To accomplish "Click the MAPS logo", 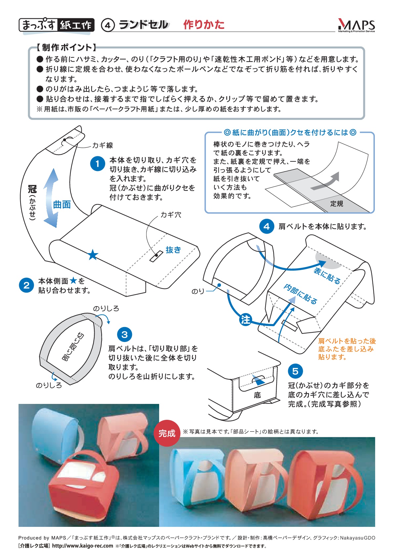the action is pyautogui.click(x=356, y=26).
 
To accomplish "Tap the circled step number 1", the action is pyautogui.click(x=98, y=163).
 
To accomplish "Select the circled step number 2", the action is pyautogui.click(x=26, y=285).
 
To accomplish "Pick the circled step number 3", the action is pyautogui.click(x=124, y=334).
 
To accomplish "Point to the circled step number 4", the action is pyautogui.click(x=267, y=226).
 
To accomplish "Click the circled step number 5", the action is pyautogui.click(x=295, y=371).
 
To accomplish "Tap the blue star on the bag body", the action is pyautogui.click(x=93, y=254).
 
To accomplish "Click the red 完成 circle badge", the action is pyautogui.click(x=167, y=433).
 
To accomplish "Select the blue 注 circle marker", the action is pyautogui.click(x=245, y=319).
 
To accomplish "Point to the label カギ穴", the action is pyautogui.click(x=171, y=215).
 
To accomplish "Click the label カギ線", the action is pyautogui.click(x=103, y=145).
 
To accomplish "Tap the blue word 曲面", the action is pyautogui.click(x=62, y=204).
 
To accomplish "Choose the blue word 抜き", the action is pyautogui.click(x=173, y=250).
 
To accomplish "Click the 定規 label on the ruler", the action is pyautogui.click(x=337, y=204).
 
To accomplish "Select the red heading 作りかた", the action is pyautogui.click(x=204, y=25).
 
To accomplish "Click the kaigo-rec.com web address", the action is pyautogui.click(x=83, y=545).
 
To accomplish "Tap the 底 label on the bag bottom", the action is pyautogui.click(x=257, y=395).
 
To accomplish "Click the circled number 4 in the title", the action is pyautogui.click(x=108, y=25).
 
